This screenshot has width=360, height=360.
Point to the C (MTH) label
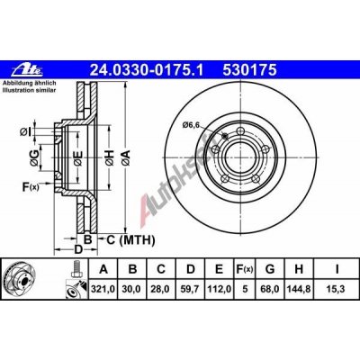[x=125, y=239]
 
